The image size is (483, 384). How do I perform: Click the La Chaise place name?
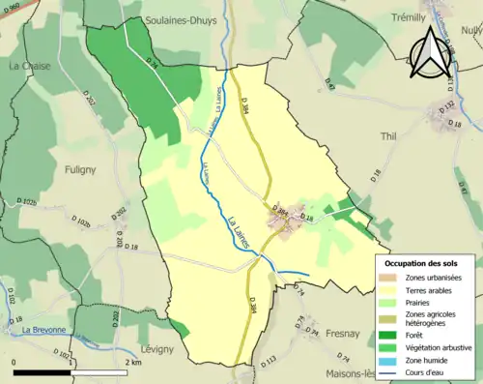click(28, 66)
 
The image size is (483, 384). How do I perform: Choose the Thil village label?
click(389, 136)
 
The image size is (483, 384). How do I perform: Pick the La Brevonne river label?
click(40, 330)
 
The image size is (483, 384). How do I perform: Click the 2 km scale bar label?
click(134, 362)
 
